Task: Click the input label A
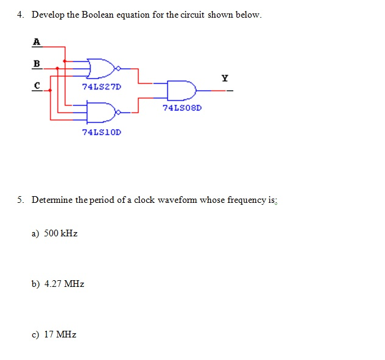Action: pyautogui.click(x=37, y=41)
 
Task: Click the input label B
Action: pyautogui.click(x=37, y=63)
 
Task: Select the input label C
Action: pyautogui.click(x=37, y=86)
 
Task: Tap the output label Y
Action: pyautogui.click(x=225, y=78)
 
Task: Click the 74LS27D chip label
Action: pyautogui.click(x=101, y=86)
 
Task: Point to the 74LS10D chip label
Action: pyautogui.click(x=101, y=132)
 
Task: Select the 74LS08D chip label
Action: pyautogui.click(x=182, y=107)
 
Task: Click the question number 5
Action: pyautogui.click(x=21, y=200)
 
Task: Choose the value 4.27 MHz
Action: pyautogui.click(x=64, y=284)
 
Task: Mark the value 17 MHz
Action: pyautogui.click(x=60, y=334)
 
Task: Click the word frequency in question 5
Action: pyautogui.click(x=246, y=200)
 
